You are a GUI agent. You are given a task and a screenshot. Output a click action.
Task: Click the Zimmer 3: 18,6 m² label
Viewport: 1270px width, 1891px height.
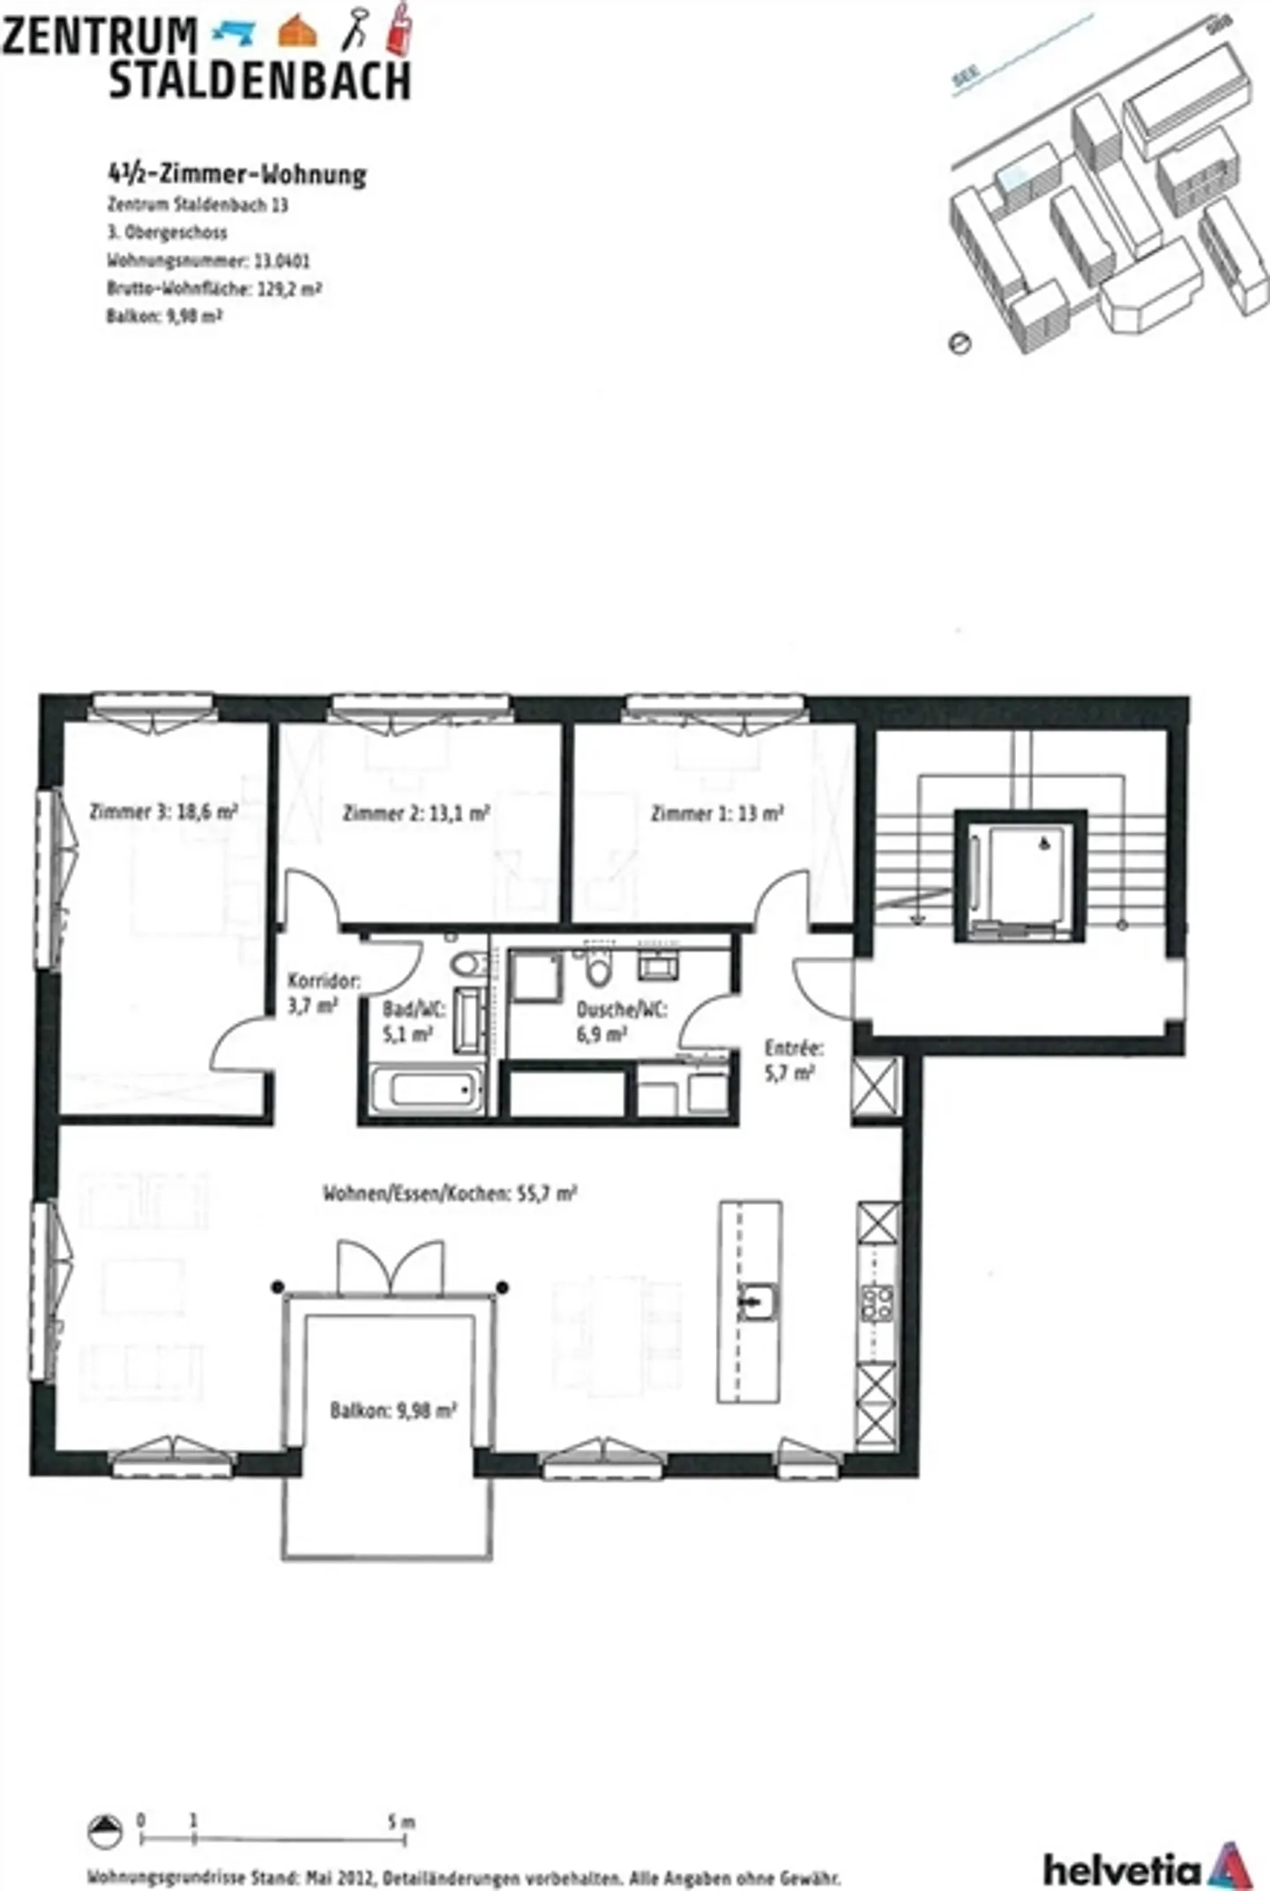[164, 811]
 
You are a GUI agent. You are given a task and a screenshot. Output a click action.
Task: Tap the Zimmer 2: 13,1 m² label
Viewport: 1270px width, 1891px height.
[415, 813]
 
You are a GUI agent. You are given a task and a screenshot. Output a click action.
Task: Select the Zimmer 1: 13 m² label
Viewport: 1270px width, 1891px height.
[716, 813]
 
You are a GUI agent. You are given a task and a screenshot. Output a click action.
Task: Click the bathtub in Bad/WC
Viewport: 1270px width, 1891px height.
[427, 1091]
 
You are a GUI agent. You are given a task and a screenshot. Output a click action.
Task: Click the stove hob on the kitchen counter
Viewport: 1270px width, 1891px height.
[878, 1304]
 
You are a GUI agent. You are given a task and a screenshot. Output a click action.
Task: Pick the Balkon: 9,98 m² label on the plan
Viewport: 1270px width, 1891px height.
[392, 1410]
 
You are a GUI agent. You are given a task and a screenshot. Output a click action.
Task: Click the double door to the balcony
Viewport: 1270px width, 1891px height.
[390, 1267]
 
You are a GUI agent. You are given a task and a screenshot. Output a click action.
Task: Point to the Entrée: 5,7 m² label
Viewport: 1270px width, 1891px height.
[793, 1059]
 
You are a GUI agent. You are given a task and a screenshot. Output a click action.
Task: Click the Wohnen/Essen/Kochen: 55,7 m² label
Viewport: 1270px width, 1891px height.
[450, 1193]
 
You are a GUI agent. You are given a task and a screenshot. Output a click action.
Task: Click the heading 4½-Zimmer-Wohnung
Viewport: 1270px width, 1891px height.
[235, 175]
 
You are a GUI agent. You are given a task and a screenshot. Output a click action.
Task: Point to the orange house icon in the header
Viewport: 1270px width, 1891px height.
[297, 32]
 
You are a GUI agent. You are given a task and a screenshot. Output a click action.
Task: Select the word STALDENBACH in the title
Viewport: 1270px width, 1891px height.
[259, 79]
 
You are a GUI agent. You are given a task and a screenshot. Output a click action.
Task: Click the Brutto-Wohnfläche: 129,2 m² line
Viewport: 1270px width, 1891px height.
[213, 288]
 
